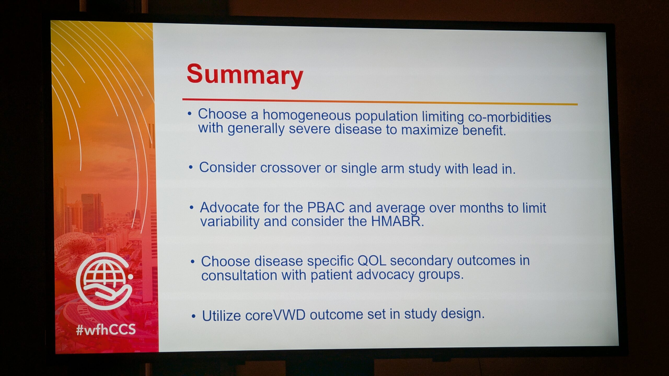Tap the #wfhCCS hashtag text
pos(106,330)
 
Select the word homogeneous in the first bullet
pos(307,116)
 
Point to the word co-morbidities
pos(509,117)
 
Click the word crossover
pos(290,168)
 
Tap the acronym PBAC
pos(326,208)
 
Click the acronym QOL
pos(372,261)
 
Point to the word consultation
pos(239,275)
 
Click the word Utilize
pos(221,316)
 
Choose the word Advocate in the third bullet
pos(230,208)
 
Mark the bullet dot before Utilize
pos(193,316)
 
